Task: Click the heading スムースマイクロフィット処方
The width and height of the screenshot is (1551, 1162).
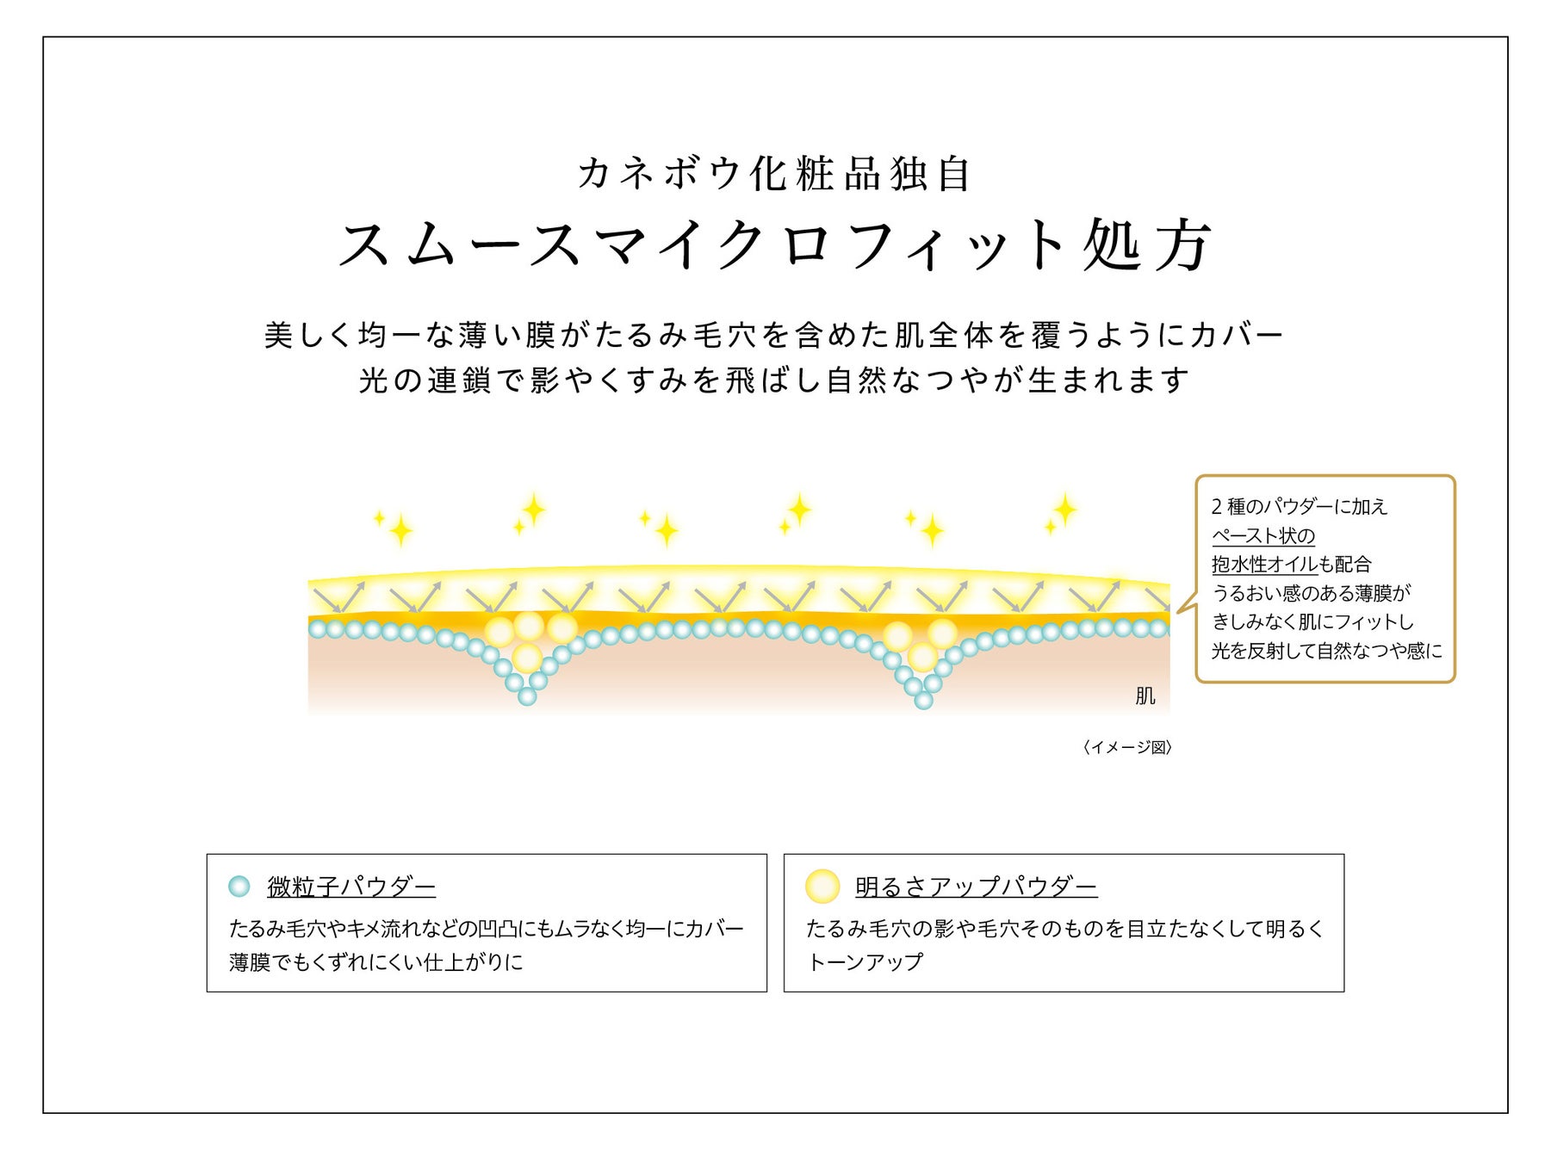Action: coord(775,245)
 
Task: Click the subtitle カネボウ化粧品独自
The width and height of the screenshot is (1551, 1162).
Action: coord(775,174)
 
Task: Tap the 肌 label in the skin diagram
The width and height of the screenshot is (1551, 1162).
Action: coord(1145,695)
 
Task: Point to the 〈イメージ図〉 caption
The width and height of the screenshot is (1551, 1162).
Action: coord(1127,747)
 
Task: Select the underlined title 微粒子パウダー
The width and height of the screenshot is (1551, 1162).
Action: coord(351,886)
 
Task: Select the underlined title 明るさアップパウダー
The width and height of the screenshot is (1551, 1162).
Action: coord(976,886)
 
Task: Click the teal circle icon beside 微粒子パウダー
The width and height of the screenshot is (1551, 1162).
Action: coord(239,886)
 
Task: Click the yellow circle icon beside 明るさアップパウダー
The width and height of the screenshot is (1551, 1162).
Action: coord(822,886)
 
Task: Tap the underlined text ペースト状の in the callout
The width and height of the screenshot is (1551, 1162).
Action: coord(1263,535)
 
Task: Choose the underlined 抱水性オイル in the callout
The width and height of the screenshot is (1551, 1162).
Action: coord(1264,564)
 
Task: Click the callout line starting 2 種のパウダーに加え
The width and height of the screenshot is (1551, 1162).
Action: coord(1300,506)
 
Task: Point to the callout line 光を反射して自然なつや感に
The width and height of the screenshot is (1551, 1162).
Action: coord(1326,651)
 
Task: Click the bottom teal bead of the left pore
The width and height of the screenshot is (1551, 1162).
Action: coord(527,696)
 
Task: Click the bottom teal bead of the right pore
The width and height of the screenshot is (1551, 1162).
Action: coord(923,701)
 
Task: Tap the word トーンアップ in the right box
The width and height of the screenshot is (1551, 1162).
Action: coord(865,961)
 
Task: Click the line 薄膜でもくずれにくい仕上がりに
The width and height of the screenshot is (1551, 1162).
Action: coord(376,961)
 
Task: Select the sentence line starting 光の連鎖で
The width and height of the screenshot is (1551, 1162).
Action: coord(774,380)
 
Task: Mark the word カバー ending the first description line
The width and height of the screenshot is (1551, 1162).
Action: coord(1237,334)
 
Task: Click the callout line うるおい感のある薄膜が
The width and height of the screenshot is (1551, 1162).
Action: coord(1312,593)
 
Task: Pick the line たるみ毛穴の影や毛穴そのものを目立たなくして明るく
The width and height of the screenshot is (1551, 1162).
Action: coord(1064,929)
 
